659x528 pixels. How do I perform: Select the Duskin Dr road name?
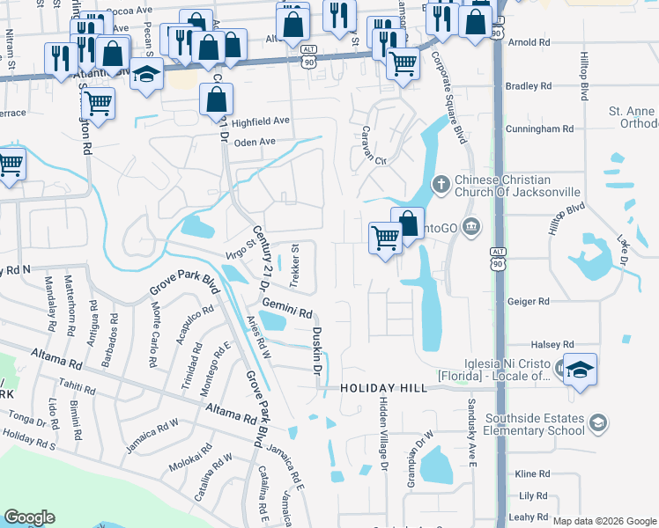(x=315, y=352)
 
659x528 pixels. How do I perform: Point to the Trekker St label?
(x=296, y=261)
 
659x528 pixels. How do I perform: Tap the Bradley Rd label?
(x=528, y=86)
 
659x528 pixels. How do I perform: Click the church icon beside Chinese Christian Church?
(x=441, y=185)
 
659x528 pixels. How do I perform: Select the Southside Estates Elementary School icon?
(x=599, y=424)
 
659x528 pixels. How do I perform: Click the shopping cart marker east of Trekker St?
(x=385, y=237)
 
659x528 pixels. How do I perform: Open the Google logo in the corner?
(x=29, y=517)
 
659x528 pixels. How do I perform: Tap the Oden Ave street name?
(x=255, y=142)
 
